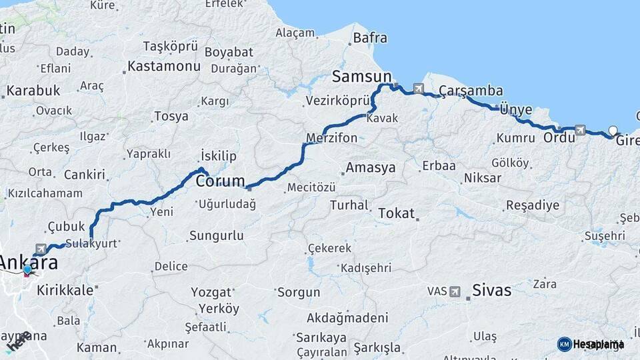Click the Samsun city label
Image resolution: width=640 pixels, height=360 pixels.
coord(361,75)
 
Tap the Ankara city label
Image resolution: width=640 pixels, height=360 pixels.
coord(28,262)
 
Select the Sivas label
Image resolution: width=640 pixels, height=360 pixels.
coord(491,290)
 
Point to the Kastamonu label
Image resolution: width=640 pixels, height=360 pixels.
coord(163,66)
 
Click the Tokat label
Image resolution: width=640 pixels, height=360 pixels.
coord(396,213)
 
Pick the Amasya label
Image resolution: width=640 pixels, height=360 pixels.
coord(371,167)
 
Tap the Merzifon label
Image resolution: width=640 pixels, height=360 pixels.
coord(331,139)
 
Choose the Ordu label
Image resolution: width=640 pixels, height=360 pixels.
coord(559,138)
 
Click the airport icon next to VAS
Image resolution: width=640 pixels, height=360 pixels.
coord(455,291)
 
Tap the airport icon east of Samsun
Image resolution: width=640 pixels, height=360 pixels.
coord(418,88)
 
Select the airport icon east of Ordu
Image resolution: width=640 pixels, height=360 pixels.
coord(579,130)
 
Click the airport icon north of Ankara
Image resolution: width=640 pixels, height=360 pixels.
coord(41,249)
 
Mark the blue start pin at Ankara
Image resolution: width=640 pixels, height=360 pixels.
coord(27,270)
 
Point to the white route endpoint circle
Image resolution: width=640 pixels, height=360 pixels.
coord(613,131)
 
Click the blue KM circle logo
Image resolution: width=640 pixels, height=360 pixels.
coord(564,344)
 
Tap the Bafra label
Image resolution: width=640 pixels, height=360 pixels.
coord(370,38)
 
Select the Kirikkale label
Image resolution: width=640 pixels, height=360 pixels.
coord(65,291)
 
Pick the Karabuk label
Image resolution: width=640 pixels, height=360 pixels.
coord(33,91)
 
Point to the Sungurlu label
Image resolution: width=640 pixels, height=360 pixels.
coord(216,236)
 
